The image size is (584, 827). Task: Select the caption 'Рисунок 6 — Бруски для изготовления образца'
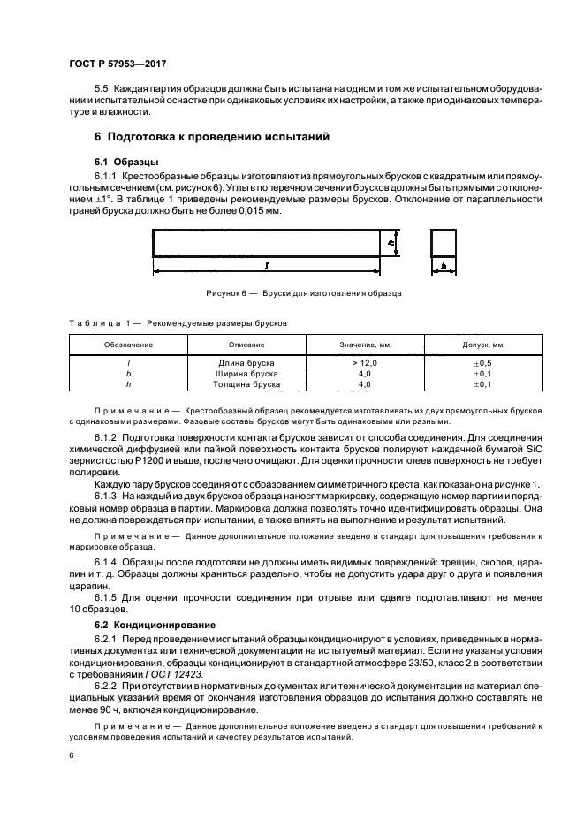coord(304,292)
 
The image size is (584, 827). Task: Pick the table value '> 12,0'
coord(364,363)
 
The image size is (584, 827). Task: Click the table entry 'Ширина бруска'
coord(246,374)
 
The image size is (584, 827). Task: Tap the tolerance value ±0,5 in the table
coord(482,363)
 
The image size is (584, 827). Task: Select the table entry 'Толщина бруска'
coord(246,384)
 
